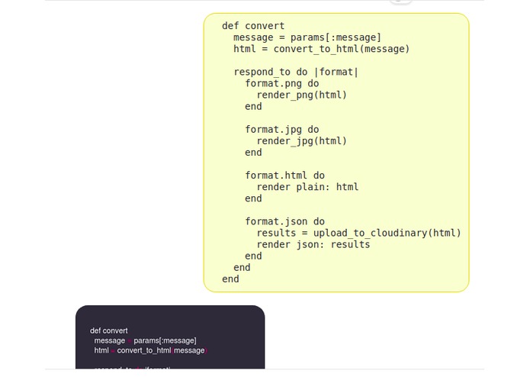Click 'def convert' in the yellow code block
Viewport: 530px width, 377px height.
tap(253, 26)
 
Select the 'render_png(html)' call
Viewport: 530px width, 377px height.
tap(302, 95)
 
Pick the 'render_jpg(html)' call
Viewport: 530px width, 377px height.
tap(302, 141)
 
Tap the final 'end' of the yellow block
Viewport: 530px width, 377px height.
tap(230, 279)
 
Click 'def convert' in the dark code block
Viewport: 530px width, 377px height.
tap(109, 331)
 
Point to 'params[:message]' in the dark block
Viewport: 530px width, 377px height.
tap(165, 340)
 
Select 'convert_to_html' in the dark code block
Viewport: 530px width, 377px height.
tap(144, 350)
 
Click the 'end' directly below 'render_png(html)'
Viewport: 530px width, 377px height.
tap(253, 107)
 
